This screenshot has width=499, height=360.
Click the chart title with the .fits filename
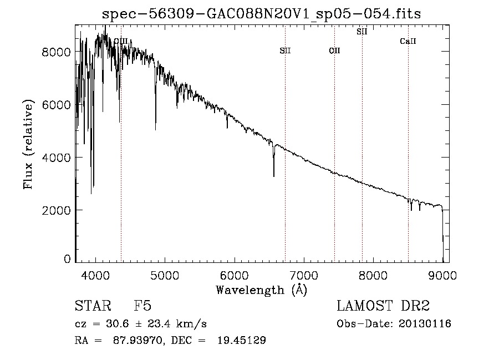261,14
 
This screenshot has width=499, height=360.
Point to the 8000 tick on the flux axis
56,52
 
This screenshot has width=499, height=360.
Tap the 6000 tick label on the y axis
56,104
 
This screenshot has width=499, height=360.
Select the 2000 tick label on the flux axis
56,210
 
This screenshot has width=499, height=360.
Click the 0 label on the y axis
67,258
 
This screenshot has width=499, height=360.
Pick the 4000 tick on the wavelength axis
95,275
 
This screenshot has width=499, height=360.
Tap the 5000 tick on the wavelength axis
165,275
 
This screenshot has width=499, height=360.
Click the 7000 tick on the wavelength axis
304,275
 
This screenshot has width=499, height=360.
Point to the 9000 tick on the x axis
442,275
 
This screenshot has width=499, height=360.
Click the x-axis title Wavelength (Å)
262,290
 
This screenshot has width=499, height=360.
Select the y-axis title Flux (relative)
28,144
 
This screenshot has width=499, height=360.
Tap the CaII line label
408,41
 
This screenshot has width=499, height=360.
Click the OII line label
334,50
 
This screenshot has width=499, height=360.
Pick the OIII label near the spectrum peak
121,41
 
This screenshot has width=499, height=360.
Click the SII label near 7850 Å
362,32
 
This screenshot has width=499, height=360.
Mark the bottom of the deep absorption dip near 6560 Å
274,176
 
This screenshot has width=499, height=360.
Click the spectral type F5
142,306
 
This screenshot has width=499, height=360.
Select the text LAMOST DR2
383,306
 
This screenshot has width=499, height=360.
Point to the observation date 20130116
425,324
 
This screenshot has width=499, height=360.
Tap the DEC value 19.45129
242,340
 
